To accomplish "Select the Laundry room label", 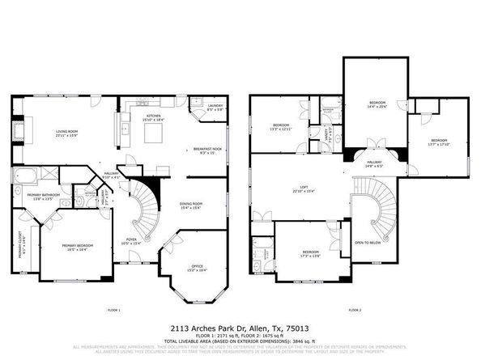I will click(x=215, y=106).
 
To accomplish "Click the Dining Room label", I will click(x=190, y=205).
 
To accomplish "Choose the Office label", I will click(x=198, y=268).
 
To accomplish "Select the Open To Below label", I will click(x=368, y=243).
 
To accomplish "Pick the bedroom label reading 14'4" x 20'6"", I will click(x=377, y=104).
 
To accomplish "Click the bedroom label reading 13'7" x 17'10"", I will click(x=438, y=142).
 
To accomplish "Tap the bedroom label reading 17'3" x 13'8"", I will click(x=311, y=253).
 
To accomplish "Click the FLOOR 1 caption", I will click(x=114, y=310).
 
